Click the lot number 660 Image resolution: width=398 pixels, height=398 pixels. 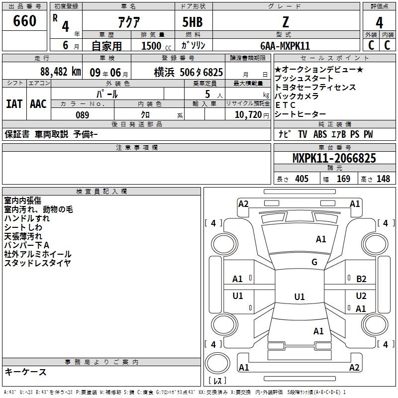tap(24, 20)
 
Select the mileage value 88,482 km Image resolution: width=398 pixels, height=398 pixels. tap(60, 72)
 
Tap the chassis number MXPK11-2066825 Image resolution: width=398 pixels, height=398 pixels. tap(334, 158)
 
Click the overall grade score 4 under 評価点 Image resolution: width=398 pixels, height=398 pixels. tap(379, 23)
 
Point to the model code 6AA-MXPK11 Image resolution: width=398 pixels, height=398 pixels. tap(285, 46)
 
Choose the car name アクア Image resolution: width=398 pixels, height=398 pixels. tap(129, 22)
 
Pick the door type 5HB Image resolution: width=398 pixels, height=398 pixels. tap(193, 22)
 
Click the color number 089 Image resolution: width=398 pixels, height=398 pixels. tap(83, 115)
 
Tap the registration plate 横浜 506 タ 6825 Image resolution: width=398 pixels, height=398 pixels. tap(189, 73)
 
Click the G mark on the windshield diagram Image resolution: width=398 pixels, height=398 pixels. tap(314, 262)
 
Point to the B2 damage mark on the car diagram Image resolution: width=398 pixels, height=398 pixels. tap(361, 279)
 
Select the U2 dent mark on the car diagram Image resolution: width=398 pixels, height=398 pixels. tap(361, 296)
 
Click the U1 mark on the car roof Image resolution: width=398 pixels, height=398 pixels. tap(299, 297)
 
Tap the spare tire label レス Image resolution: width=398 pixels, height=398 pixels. tap(217, 381)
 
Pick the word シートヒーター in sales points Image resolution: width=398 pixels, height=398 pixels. tap(300, 114)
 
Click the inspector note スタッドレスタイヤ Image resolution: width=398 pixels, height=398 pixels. tap(37, 263)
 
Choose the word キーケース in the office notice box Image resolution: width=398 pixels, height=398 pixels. tap(25, 372)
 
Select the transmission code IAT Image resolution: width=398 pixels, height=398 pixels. tap(14, 104)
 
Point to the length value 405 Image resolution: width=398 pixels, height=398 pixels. tap(301, 179)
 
